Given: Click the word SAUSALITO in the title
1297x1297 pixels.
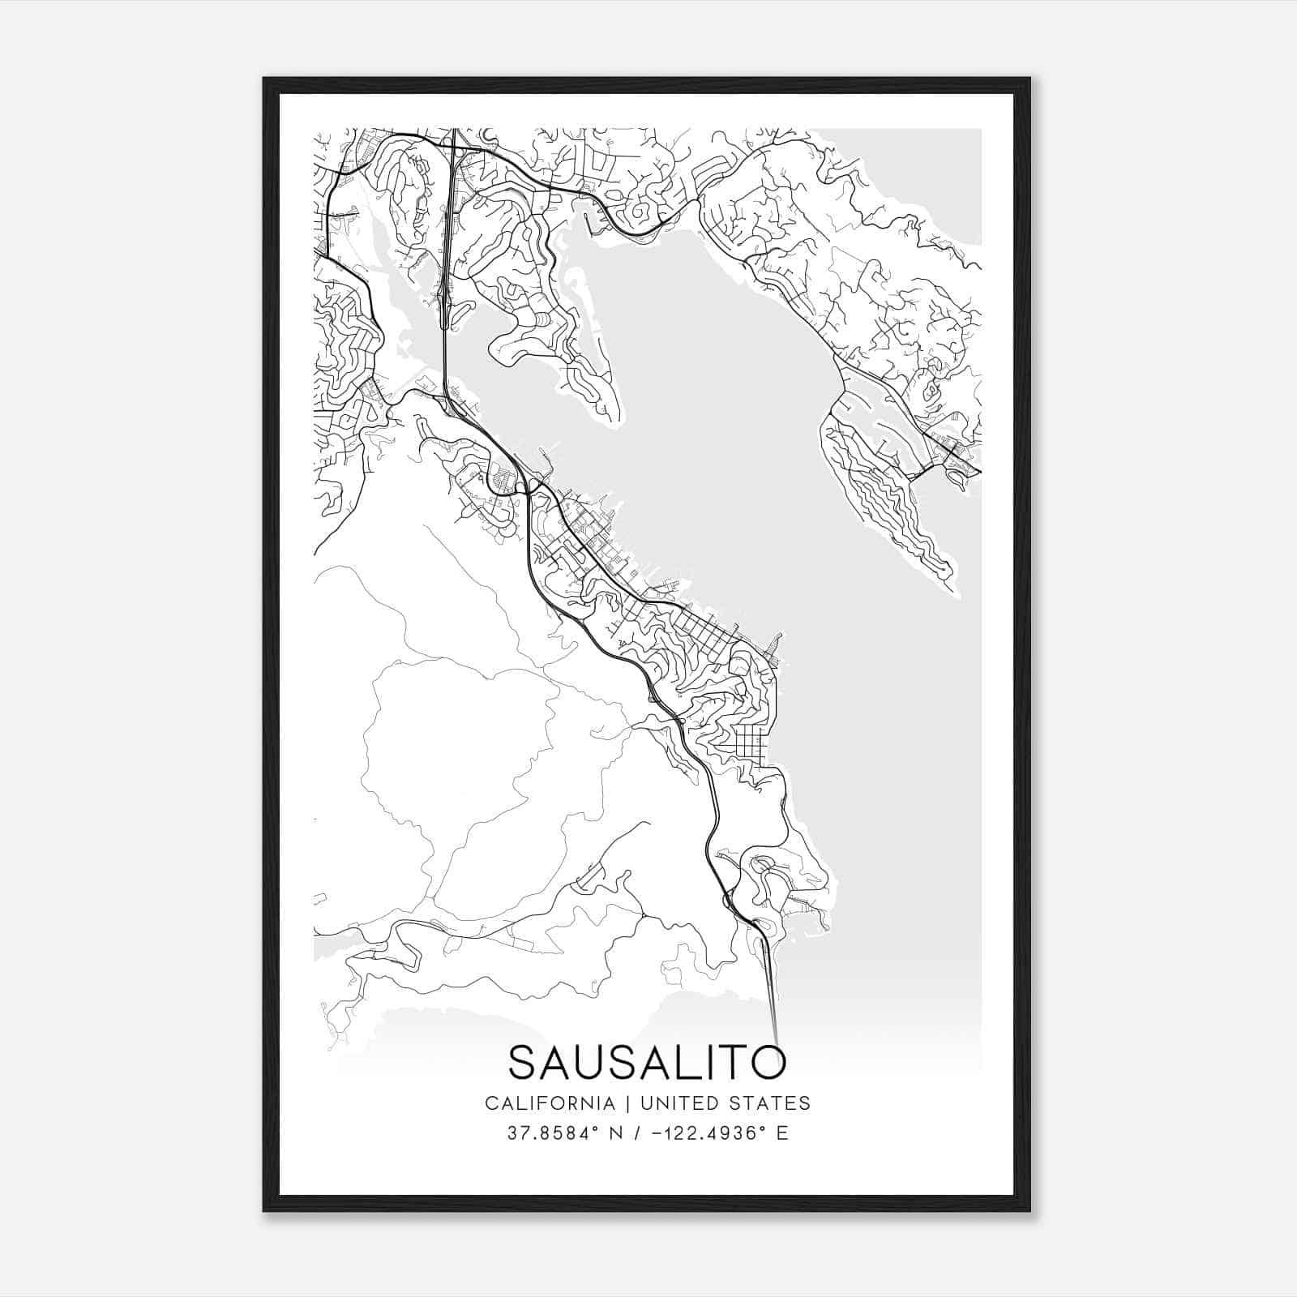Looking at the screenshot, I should (x=647, y=1062).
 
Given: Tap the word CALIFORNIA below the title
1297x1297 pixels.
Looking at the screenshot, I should (x=549, y=1102).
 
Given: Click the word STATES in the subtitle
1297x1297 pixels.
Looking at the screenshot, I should (x=774, y=1102).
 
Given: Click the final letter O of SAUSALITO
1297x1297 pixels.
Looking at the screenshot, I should (x=768, y=1062).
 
